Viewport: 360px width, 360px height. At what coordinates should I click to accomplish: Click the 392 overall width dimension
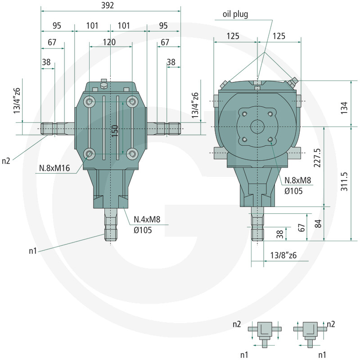point(108,5)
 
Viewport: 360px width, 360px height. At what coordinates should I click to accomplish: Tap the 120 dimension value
point(109,42)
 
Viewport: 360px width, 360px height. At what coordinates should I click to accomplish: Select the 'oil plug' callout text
point(235,14)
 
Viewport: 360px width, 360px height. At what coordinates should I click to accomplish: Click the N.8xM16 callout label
point(54,168)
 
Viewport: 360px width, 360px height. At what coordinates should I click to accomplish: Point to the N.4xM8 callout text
point(147,220)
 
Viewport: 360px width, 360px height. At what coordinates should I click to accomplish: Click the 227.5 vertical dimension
point(317,158)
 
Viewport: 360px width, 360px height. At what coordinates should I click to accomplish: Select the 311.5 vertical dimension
point(344,182)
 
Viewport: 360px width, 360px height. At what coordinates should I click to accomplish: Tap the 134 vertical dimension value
point(344,108)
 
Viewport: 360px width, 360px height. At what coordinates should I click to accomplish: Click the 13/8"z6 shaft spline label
point(283,255)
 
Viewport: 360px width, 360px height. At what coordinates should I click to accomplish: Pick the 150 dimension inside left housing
point(115,131)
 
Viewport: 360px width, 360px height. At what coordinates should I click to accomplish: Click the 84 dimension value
point(318,223)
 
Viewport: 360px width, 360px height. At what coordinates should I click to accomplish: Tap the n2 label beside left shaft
point(6,161)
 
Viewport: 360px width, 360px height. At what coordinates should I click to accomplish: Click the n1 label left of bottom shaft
point(33,251)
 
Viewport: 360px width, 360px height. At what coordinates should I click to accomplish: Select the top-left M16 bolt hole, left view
point(90,101)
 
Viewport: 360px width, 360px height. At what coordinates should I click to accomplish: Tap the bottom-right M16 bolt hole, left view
point(132,153)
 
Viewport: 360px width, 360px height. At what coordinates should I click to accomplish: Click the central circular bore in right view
point(257,126)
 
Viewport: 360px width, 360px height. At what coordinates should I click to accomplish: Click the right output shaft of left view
point(163,129)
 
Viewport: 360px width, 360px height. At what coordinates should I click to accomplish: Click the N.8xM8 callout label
point(298,180)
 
